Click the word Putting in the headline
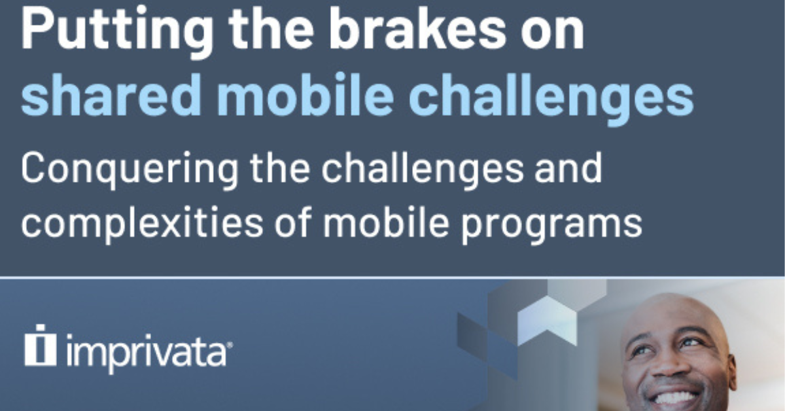(x=116, y=31)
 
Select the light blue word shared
(x=111, y=95)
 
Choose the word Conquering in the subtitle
(x=130, y=171)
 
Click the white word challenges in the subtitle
(x=423, y=171)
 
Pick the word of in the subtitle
(x=293, y=221)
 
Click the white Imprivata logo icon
(x=41, y=346)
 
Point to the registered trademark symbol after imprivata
(x=230, y=345)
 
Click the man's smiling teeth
(x=674, y=398)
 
